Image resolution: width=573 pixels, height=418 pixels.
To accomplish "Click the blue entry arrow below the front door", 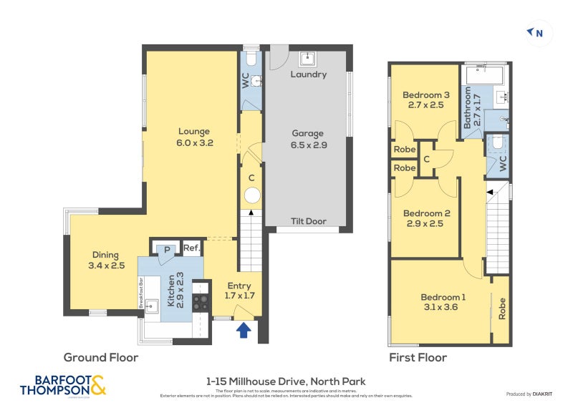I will tap(244, 330).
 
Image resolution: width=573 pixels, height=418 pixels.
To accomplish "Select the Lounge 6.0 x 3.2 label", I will tap(195, 137).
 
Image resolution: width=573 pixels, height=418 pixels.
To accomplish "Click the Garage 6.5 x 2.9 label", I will tap(308, 139).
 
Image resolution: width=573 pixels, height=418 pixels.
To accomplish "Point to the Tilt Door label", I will tap(308, 221).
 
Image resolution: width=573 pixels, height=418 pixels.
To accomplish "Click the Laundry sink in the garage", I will tap(309, 58).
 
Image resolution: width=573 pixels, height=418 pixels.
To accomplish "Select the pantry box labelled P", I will tap(166, 249).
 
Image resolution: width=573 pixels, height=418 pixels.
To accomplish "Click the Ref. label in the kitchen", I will tap(191, 249).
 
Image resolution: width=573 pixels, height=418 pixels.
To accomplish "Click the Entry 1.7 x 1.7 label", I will tap(240, 290).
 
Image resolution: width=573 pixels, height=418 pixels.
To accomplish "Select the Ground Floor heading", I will tap(101, 357).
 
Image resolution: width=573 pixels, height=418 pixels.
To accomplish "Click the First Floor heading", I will tap(418, 357).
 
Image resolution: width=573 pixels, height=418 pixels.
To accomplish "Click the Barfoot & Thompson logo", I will tap(63, 386).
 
